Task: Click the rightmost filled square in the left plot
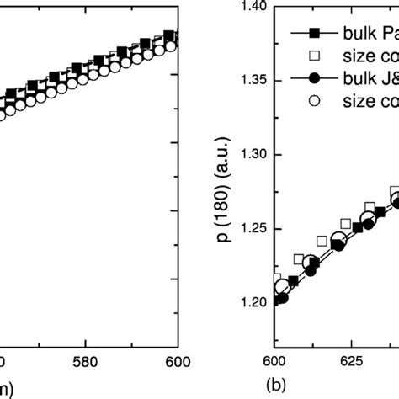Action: point(169,36)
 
